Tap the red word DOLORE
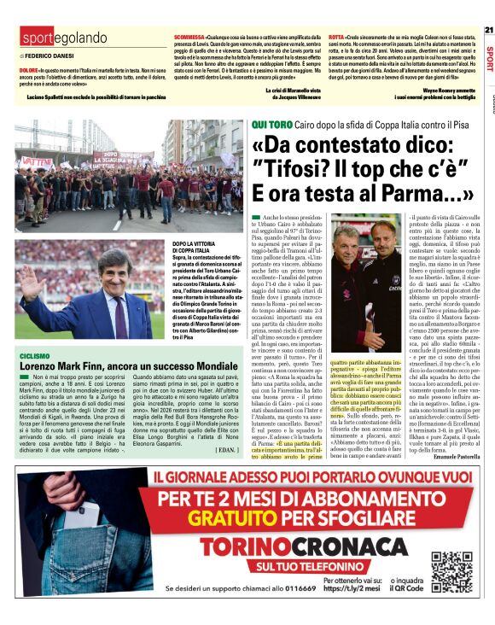[x=28, y=68]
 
